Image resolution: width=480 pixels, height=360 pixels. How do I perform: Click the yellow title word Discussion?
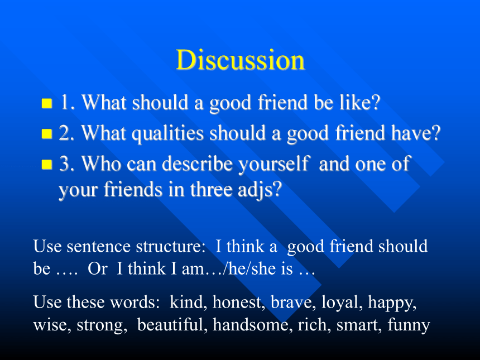pos(241,60)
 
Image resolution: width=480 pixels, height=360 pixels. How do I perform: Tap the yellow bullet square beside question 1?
pos(47,103)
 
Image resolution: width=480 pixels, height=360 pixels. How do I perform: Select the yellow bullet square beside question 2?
pos(47,134)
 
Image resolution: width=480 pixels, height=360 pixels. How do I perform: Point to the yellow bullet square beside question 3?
pos(47,165)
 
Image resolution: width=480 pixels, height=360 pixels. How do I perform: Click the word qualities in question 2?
pos(168,134)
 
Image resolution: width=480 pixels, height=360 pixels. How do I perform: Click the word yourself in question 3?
pos(274,165)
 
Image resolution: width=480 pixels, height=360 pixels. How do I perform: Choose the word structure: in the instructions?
pos(170,246)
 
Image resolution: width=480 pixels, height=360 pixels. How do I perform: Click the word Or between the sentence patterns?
pos(97,269)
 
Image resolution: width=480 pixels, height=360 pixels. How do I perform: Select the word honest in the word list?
pos(238,302)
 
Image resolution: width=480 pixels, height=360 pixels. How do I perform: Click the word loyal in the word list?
pos(340,303)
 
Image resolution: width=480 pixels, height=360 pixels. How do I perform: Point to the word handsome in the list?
pos(251,324)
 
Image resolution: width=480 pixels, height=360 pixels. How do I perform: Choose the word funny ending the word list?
pos(409,325)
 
